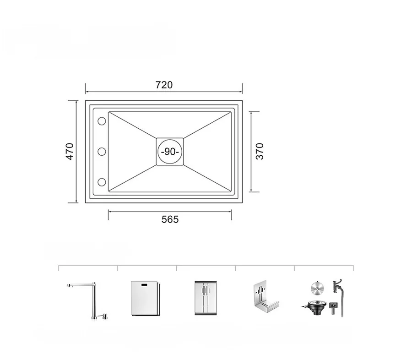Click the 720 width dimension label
(x=164, y=85)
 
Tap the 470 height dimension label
(x=70, y=151)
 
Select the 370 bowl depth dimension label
(x=260, y=151)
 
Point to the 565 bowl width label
(x=170, y=219)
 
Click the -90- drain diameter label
(x=170, y=152)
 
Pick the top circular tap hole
(x=102, y=121)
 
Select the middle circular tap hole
(x=102, y=152)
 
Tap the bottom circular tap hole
(x=102, y=182)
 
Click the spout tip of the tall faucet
(x=69, y=286)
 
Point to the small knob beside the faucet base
(x=105, y=316)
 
